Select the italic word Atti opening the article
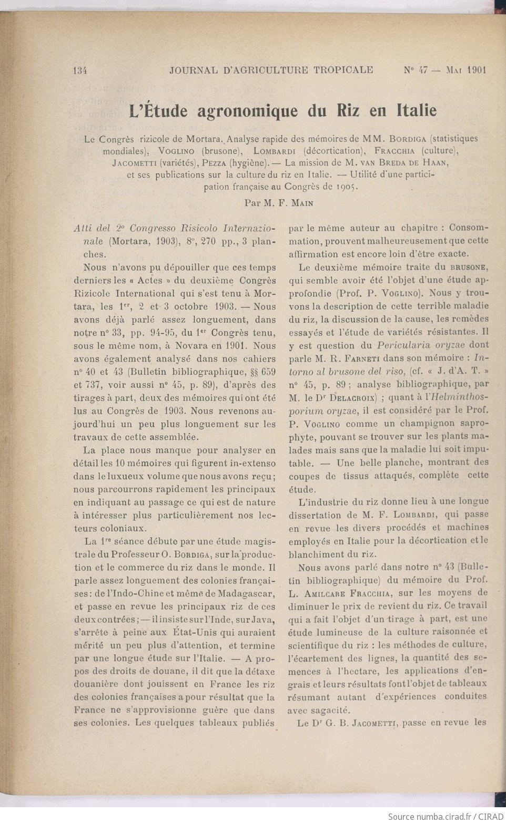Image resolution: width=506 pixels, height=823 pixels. pyautogui.click(x=85, y=229)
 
